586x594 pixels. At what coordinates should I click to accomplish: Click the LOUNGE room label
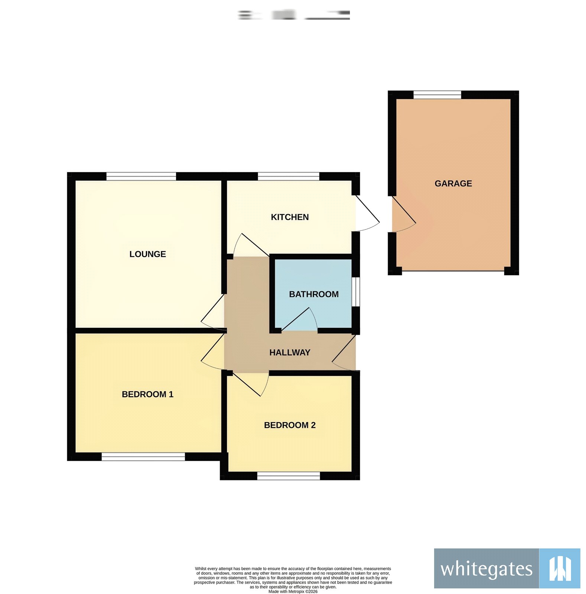click(x=147, y=254)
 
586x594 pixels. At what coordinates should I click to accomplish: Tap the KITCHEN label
click(x=290, y=217)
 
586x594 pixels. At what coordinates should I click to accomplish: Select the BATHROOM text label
click(x=313, y=294)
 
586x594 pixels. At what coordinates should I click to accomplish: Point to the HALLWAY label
click(x=290, y=352)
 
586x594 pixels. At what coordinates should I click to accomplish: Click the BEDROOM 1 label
click(x=147, y=394)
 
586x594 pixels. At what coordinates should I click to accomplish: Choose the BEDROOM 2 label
click(x=290, y=425)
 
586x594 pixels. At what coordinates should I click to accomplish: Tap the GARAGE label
click(x=453, y=183)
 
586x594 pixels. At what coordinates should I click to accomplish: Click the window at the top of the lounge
click(x=141, y=176)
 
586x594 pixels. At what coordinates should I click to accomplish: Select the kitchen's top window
click(x=289, y=176)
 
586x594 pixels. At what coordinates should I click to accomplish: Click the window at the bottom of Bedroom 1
click(x=143, y=457)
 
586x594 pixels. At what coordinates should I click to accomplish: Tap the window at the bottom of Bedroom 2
click(x=289, y=476)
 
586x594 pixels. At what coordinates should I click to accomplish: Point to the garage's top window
click(x=437, y=95)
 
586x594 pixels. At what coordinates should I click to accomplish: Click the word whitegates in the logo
click(x=486, y=569)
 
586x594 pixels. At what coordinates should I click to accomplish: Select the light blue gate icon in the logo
click(x=559, y=568)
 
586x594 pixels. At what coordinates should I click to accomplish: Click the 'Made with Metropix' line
click(x=293, y=592)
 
